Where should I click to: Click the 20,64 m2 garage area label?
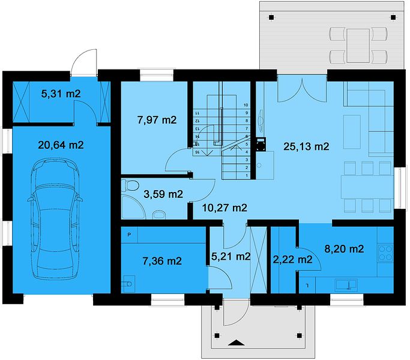[61, 145]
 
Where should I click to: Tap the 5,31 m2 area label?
[61, 94]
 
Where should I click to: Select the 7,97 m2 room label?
[157, 120]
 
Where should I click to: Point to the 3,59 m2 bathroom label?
[163, 194]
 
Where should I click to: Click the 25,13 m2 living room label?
[306, 146]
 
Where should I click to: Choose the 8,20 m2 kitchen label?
[344, 248]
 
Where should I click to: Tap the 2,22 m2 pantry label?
[292, 260]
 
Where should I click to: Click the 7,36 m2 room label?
[162, 261]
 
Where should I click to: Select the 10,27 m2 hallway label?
[225, 208]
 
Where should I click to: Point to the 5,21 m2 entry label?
[231, 256]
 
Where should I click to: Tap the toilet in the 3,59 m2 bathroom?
[132, 185]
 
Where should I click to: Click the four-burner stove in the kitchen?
[385, 253]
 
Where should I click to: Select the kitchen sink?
[346, 285]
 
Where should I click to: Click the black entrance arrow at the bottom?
[237, 343]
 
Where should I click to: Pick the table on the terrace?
[358, 46]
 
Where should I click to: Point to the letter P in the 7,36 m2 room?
[129, 235]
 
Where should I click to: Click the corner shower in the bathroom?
[133, 206]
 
